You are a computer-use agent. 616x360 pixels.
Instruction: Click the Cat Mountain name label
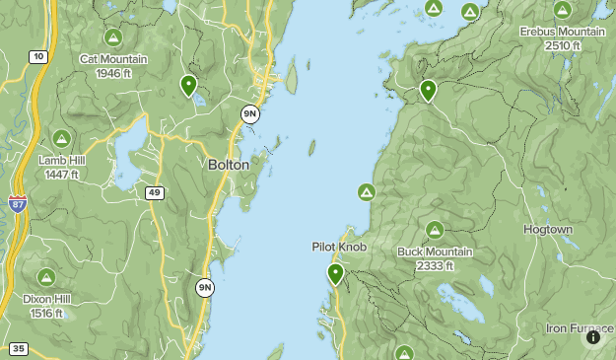pyautogui.click(x=113, y=59)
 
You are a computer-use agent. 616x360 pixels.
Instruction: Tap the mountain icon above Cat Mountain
pyautogui.click(x=113, y=38)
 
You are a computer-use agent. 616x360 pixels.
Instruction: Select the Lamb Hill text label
pyautogui.click(x=61, y=160)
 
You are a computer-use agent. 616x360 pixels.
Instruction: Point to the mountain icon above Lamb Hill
pyautogui.click(x=61, y=138)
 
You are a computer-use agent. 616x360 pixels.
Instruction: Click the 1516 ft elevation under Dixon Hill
pyautogui.click(x=45, y=313)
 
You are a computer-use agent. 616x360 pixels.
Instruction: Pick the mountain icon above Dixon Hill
pyautogui.click(x=45, y=278)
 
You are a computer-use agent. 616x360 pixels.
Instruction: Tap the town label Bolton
pyautogui.click(x=229, y=165)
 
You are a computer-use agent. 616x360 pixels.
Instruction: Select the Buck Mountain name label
pyautogui.click(x=435, y=252)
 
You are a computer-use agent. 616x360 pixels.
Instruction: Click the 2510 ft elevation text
pyautogui.click(x=562, y=44)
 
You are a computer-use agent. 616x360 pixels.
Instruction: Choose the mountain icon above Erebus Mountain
pyautogui.click(x=562, y=11)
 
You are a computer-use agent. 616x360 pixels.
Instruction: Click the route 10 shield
pyautogui.click(x=38, y=57)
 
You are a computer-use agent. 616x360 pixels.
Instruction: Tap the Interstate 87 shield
pyautogui.click(x=18, y=204)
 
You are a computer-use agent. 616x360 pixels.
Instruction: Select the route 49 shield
pyautogui.click(x=155, y=192)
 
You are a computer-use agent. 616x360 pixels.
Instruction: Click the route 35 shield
pyautogui.click(x=18, y=348)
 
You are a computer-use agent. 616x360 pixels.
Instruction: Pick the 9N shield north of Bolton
pyautogui.click(x=250, y=114)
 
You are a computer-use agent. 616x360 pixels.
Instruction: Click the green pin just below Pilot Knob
pyautogui.click(x=335, y=273)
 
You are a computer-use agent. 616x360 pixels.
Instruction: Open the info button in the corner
pyautogui.click(x=593, y=337)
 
